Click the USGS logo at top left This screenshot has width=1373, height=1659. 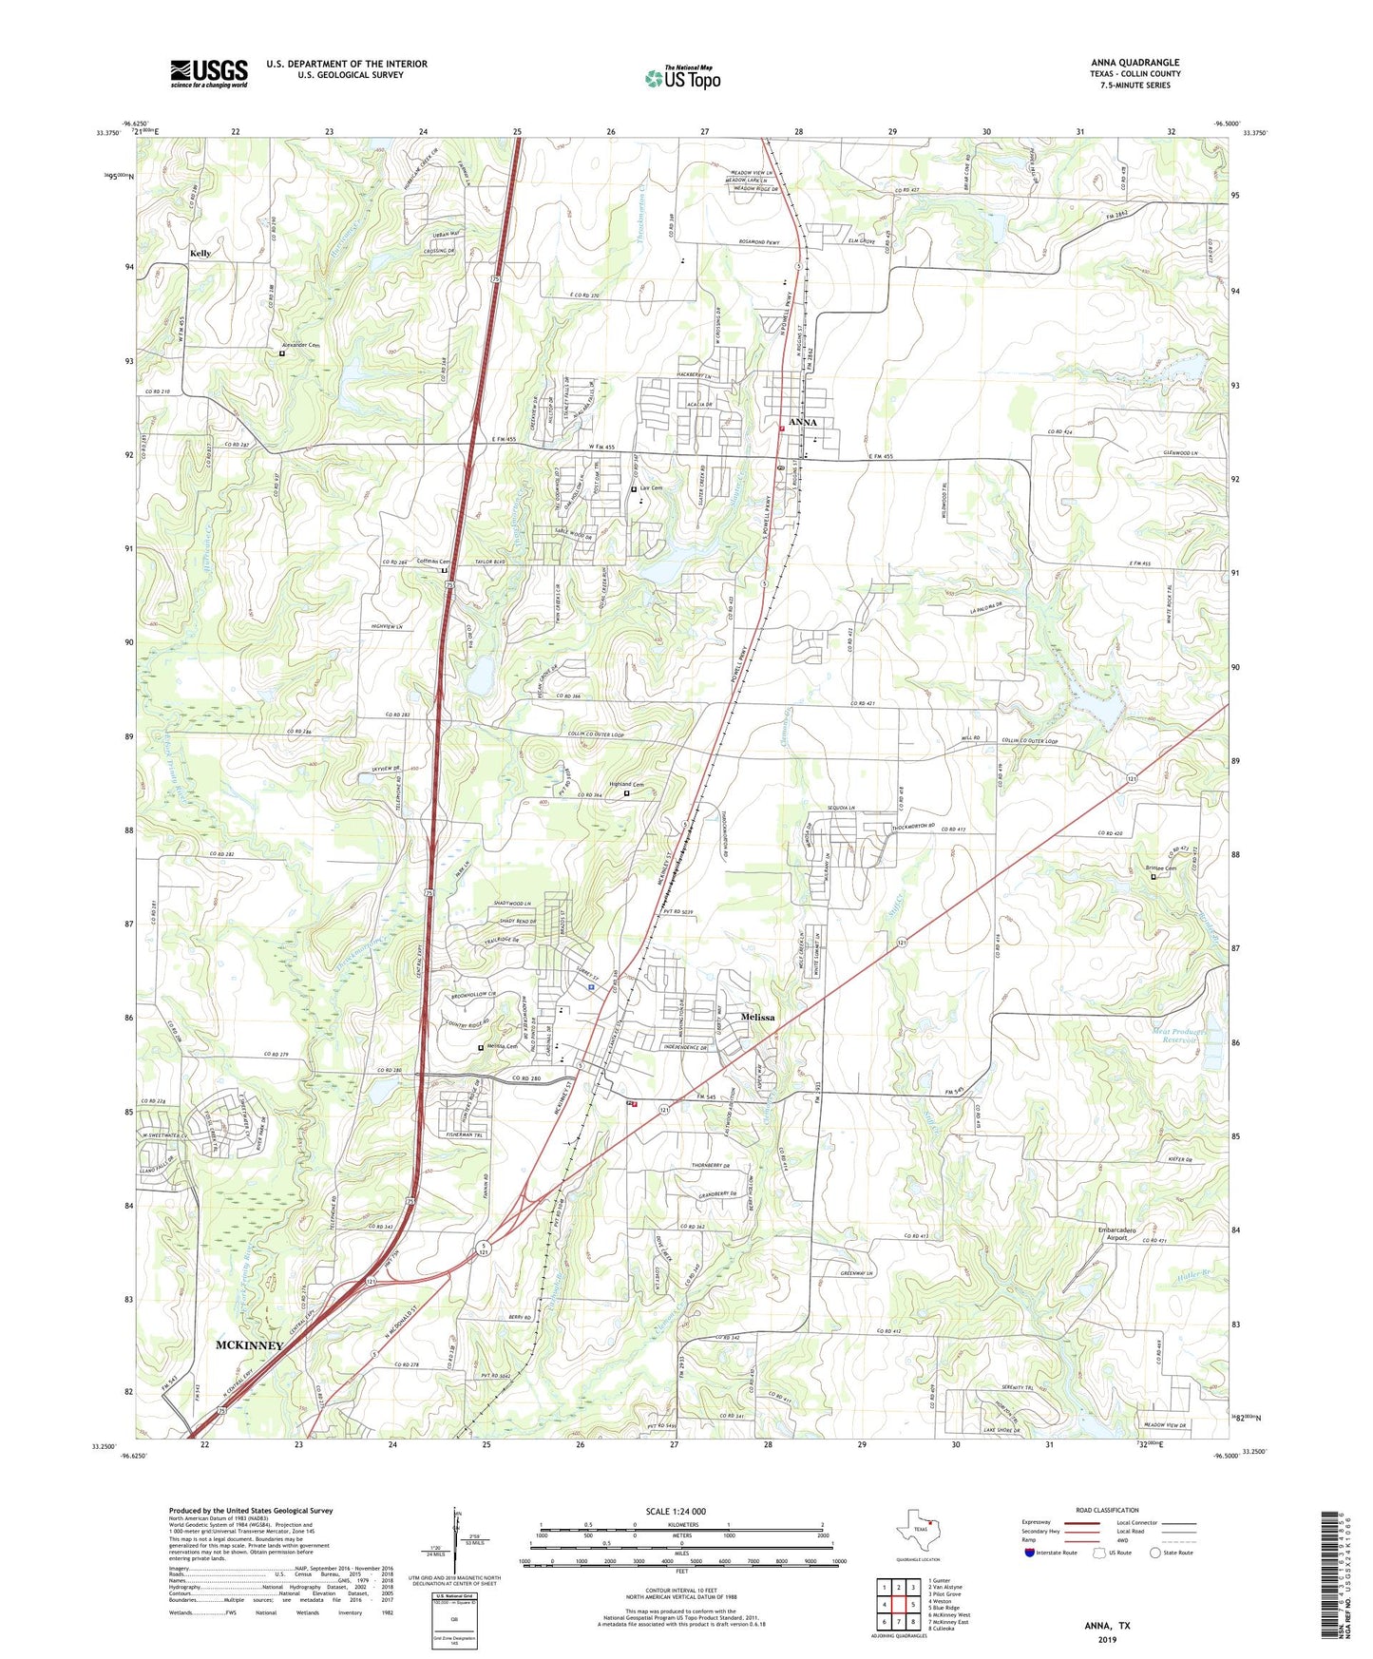pyautogui.click(x=209, y=72)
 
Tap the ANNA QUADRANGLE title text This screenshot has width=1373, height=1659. pyautogui.click(x=1135, y=63)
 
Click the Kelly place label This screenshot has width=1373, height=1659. pyautogui.click(x=200, y=254)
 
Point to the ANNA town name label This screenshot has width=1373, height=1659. pyautogui.click(x=803, y=422)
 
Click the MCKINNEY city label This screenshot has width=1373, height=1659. pyautogui.click(x=249, y=1345)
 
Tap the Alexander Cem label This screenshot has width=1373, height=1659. pyautogui.click(x=301, y=345)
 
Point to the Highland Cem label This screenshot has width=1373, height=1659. pyautogui.click(x=605, y=784)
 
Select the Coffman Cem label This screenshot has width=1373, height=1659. pyautogui.click(x=429, y=562)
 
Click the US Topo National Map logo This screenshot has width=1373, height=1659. pyautogui.click(x=682, y=77)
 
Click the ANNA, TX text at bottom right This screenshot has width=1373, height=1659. pyautogui.click(x=1107, y=1626)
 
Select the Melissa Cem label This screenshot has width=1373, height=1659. pyautogui.click(x=501, y=1047)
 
